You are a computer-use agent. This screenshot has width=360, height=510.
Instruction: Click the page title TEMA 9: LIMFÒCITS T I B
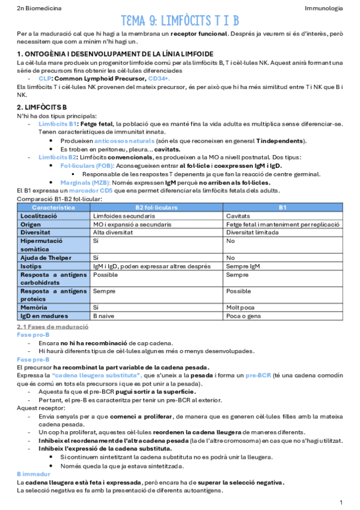180,20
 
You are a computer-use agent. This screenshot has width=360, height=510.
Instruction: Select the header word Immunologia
324,8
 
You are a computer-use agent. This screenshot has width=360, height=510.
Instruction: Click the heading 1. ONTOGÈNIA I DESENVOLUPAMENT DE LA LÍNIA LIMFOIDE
115,54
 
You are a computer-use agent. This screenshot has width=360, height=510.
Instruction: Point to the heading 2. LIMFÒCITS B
42,106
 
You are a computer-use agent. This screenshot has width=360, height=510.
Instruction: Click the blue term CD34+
159,79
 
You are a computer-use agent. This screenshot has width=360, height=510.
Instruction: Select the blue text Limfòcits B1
58,124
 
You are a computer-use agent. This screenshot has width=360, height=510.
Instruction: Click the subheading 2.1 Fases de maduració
52,326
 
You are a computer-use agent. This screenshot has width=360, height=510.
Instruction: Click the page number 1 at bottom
341,502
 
